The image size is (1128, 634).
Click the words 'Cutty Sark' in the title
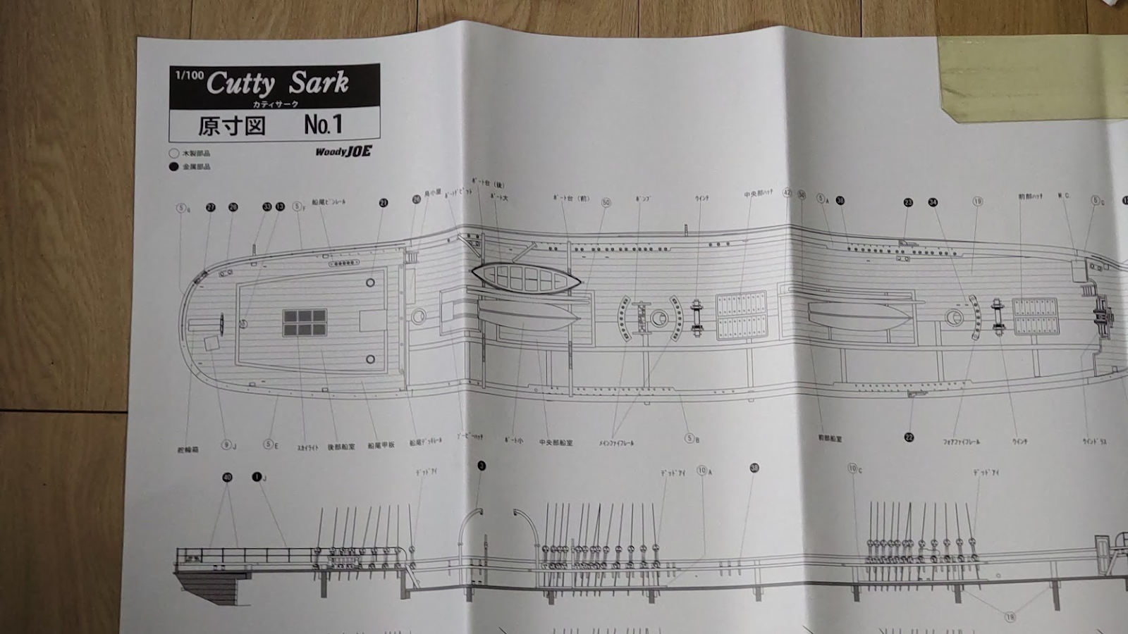277,84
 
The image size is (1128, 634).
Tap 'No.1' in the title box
323,125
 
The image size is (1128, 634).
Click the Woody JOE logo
343,151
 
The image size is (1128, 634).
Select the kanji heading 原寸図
231,126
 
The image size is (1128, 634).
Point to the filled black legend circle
174,167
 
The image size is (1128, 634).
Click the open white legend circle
174,153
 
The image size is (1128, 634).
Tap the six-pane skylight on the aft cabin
305,323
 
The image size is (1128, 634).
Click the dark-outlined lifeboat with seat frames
525,279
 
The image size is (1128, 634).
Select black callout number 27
211,207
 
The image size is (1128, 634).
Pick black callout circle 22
909,437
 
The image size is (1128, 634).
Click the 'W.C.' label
1063,195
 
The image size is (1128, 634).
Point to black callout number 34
933,202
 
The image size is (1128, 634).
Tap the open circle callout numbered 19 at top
978,201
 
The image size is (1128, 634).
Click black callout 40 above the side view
227,478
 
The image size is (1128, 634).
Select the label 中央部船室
556,442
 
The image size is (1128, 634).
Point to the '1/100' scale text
189,75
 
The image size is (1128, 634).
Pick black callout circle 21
384,203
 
